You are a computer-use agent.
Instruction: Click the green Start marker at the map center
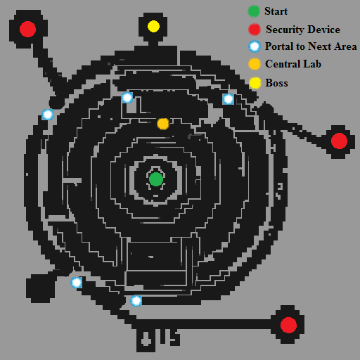(156, 179)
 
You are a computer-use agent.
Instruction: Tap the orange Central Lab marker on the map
(163, 124)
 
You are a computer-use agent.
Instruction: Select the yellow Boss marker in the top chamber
(153, 26)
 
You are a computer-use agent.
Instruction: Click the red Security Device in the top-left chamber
(27, 29)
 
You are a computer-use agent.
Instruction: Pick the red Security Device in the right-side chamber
(339, 141)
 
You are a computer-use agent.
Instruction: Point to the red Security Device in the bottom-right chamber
(288, 325)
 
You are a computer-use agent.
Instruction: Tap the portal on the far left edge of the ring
(48, 115)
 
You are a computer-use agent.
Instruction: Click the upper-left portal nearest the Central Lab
(127, 98)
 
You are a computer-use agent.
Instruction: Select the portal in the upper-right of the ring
(229, 99)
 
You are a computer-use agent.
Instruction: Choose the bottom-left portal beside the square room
(77, 283)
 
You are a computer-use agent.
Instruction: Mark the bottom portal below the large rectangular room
(136, 301)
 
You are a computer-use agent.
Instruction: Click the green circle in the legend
(254, 11)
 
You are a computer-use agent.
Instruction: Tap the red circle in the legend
(255, 30)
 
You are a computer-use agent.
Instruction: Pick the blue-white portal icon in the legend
(255, 46)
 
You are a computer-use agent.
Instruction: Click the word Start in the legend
(276, 11)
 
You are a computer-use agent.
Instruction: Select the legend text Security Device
(303, 30)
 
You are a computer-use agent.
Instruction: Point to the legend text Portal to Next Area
(311, 46)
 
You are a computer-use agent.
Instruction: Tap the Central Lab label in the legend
(293, 64)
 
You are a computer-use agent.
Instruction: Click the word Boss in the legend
(276, 83)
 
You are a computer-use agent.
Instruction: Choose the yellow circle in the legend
(255, 83)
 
